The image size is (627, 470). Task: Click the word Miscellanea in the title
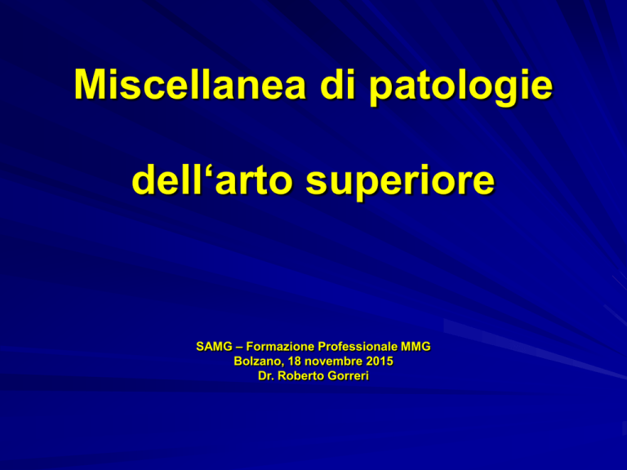[x=189, y=85]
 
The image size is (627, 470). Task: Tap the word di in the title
[x=338, y=84]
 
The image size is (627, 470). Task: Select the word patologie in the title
[x=460, y=88]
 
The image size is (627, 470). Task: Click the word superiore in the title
[x=400, y=183]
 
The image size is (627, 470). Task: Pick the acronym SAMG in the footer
[x=214, y=347]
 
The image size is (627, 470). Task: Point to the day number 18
[x=294, y=361]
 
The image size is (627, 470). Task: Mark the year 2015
[x=380, y=361]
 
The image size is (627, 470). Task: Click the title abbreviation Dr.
[x=266, y=376]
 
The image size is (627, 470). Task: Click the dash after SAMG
[x=239, y=348]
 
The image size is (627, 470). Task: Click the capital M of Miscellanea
[x=89, y=85]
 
